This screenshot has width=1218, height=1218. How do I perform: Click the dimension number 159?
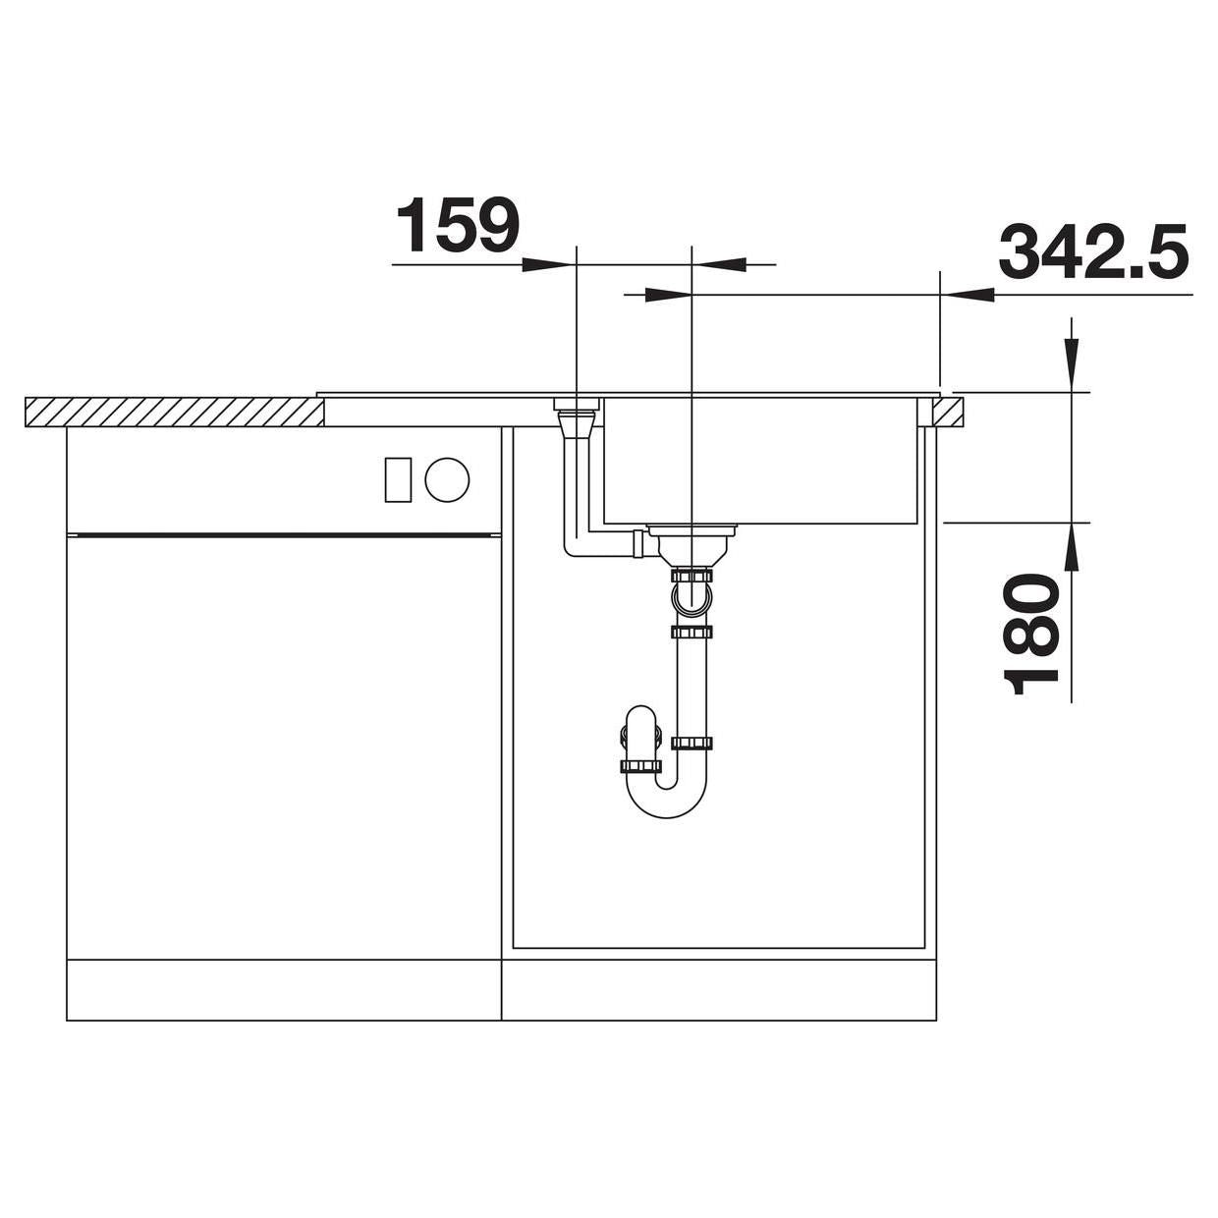point(457,224)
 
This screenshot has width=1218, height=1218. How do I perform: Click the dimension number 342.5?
point(1093,250)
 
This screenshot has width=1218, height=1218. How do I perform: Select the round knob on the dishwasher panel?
point(447,479)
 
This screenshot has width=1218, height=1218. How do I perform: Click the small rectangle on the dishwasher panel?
point(398,479)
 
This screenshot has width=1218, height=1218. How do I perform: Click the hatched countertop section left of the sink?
point(175,413)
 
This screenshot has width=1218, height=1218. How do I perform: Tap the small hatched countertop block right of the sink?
point(948,413)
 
